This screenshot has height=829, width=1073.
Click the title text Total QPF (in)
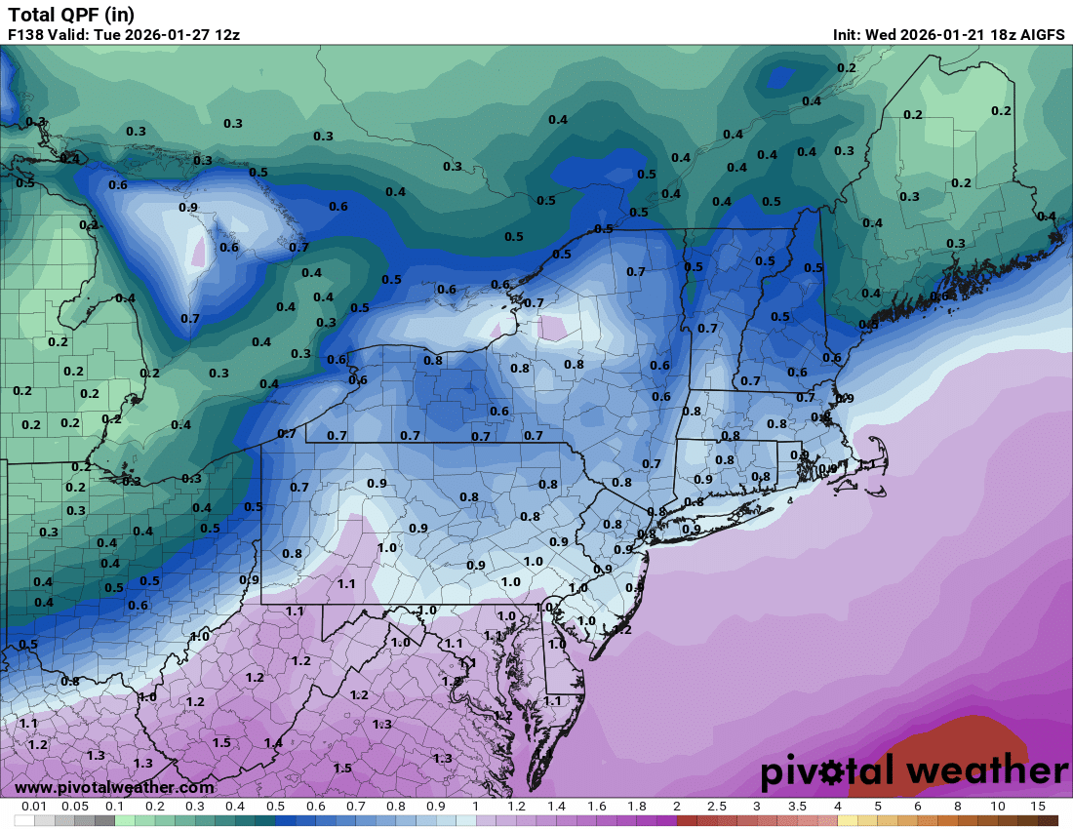[x=71, y=14]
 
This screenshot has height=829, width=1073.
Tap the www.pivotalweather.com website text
[x=114, y=787]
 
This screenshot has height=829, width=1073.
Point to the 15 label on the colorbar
[x=1037, y=808]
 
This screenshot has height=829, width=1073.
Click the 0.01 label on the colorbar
[x=34, y=808]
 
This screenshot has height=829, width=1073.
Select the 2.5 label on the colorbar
[x=716, y=808]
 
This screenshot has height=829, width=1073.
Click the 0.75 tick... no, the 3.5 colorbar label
[x=797, y=808]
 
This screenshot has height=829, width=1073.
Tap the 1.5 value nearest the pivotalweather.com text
[x=342, y=769]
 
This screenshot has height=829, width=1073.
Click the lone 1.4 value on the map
[x=273, y=743]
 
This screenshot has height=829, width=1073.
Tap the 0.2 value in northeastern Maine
[x=1001, y=111]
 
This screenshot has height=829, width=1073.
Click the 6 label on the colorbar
[x=918, y=808]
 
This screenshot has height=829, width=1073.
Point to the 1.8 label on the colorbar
[x=636, y=808]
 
